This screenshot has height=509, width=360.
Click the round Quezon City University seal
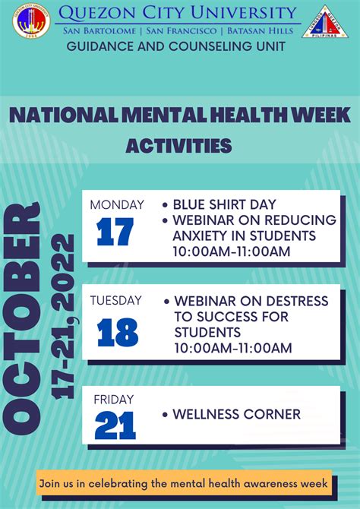coord(31,21)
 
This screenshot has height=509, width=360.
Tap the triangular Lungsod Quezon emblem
coord(325,22)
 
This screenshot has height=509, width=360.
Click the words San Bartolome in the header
coord(99,31)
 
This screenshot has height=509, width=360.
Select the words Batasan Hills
coord(260,31)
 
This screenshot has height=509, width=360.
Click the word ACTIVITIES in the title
coord(178,146)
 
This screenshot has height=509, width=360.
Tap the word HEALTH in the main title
coord(248,115)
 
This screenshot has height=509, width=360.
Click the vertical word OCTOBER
coord(22,318)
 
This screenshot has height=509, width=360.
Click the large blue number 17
coord(115,232)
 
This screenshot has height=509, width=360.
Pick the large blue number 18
coord(118,333)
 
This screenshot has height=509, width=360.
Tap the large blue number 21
coord(115,425)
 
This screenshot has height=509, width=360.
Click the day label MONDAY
coord(117,205)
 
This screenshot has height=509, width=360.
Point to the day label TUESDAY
coord(116,300)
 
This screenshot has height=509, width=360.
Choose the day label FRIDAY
coord(114,400)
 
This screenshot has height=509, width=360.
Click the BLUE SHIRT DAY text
coord(224,205)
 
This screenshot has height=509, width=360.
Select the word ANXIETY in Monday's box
coord(204,236)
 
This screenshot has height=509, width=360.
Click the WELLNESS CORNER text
coord(237,414)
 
